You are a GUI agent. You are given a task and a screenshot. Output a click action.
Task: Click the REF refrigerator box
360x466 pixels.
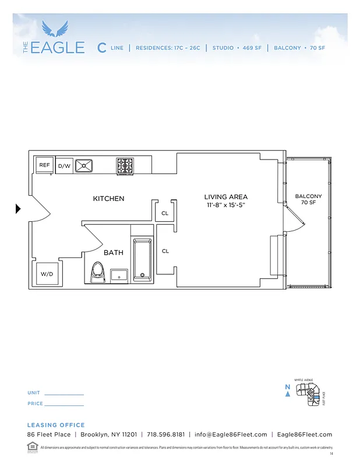(x=44, y=165)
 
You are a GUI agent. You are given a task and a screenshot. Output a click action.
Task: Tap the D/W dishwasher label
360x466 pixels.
(x=64, y=166)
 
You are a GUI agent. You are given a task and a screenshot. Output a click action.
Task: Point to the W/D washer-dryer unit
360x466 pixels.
(x=46, y=273)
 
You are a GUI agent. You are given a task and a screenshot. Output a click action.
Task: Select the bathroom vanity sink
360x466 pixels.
(x=119, y=274)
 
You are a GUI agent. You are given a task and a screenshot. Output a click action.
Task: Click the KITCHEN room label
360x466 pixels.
(x=108, y=199)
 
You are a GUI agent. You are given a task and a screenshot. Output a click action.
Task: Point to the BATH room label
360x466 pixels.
(x=114, y=253)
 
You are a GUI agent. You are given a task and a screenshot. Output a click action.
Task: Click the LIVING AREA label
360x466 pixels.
(x=226, y=197)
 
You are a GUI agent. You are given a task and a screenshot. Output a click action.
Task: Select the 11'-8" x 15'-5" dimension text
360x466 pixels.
(x=226, y=205)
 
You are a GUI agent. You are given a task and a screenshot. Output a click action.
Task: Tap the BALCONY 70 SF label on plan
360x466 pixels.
(x=308, y=199)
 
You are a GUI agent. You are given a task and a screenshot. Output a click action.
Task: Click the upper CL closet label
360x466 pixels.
(x=165, y=213)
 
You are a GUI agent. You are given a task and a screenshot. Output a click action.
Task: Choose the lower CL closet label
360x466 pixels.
(x=165, y=251)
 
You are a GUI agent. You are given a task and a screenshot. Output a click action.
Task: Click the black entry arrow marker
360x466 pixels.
(x=18, y=209)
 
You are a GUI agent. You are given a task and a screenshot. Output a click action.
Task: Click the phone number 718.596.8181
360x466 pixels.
(x=166, y=435)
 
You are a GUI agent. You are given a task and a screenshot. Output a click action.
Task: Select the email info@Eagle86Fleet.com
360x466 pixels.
(x=231, y=435)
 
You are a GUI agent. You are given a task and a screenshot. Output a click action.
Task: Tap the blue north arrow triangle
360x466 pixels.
(x=287, y=394)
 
